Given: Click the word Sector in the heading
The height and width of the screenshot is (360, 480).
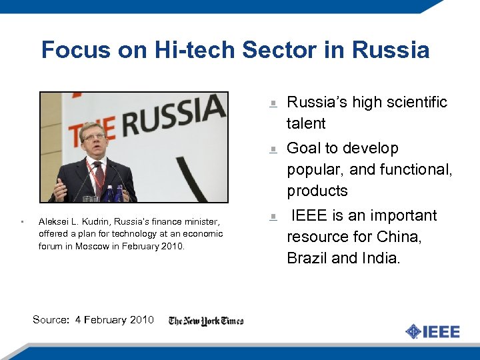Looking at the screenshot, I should click(x=283, y=50).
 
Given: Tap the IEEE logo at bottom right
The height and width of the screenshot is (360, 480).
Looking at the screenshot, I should click(x=433, y=331).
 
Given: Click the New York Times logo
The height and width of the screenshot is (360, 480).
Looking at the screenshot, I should click(x=206, y=321).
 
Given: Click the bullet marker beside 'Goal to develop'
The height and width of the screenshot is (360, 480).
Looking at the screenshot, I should click(x=273, y=149).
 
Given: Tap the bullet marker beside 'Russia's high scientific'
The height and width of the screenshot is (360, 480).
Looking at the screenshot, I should click(x=273, y=103).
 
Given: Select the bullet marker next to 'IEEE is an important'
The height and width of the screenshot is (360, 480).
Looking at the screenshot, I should click(x=273, y=216).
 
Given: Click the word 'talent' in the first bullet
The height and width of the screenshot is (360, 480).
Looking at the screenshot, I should click(x=306, y=123).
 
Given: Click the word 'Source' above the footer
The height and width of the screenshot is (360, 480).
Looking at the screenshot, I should click(x=51, y=320).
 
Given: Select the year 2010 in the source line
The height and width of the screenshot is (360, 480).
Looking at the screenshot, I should click(x=141, y=320).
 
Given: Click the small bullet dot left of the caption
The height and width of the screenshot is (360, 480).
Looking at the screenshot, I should click(x=23, y=221).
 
